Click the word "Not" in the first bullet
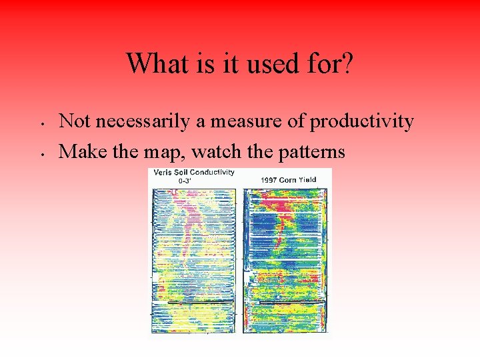coord(75,121)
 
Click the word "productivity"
coord(362,121)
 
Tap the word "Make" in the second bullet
coord(79,152)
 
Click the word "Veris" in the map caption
coord(164,172)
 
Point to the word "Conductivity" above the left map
coord(213,172)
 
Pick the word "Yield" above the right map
coord(307,179)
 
